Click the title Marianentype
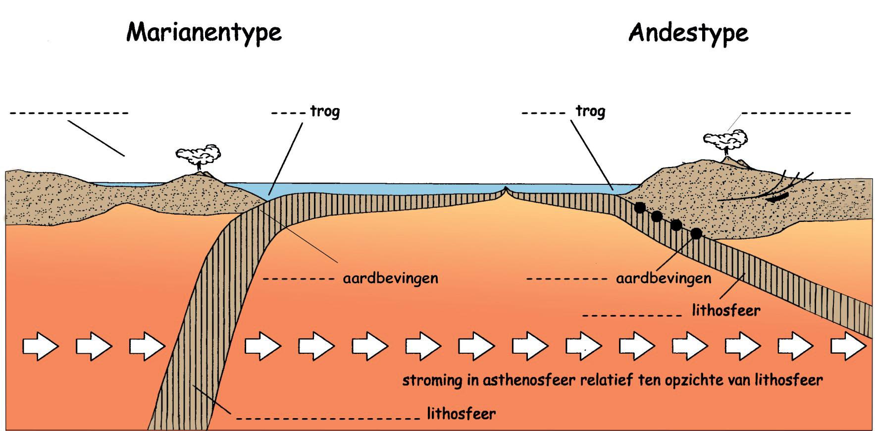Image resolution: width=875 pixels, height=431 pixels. click(204, 33)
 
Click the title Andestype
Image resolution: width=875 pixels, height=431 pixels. click(688, 33)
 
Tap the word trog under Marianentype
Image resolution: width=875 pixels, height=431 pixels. click(325, 111)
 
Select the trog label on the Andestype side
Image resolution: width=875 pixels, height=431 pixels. click(590, 111)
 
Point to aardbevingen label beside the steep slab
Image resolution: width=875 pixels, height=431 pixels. click(390, 278)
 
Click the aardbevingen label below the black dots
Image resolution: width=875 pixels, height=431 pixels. click(664, 278)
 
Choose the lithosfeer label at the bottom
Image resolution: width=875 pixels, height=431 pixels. click(461, 413)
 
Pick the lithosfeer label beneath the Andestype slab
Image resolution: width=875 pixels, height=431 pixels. click(726, 311)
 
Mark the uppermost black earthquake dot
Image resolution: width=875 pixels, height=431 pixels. click(640, 208)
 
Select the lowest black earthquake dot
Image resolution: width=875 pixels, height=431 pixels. click(696, 233)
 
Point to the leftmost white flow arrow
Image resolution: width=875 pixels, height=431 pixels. click(40, 345)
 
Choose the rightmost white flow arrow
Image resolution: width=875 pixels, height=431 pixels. click(848, 345)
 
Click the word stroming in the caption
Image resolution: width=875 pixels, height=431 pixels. click(432, 380)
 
